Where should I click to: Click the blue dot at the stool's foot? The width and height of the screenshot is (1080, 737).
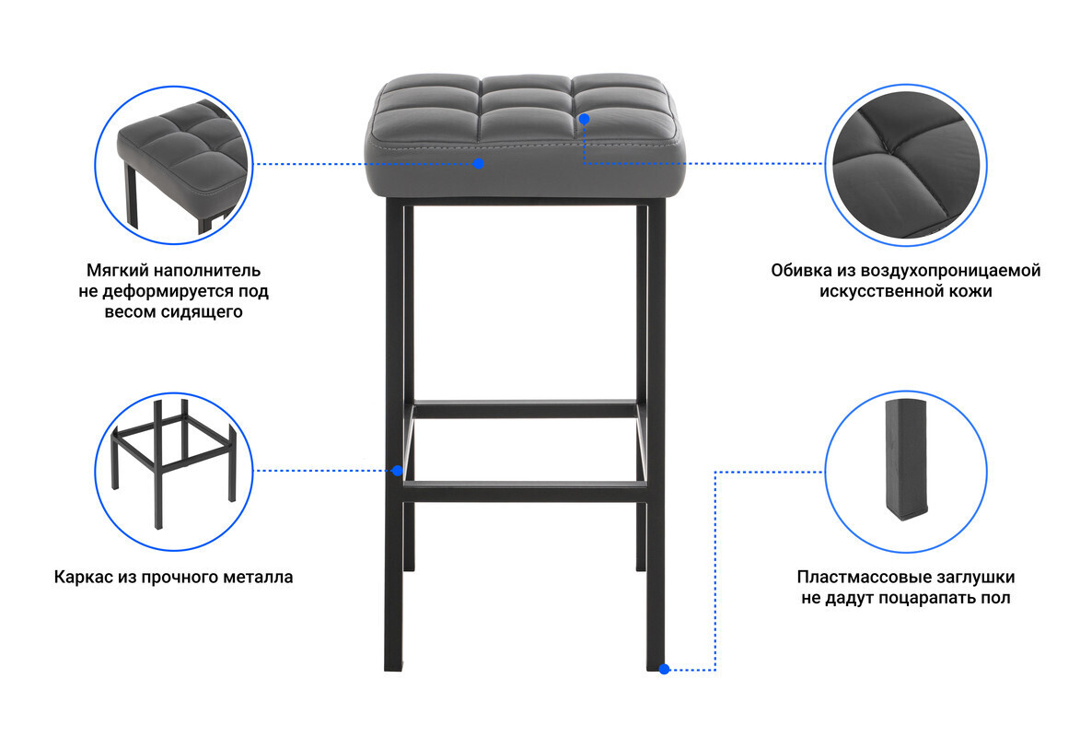664,669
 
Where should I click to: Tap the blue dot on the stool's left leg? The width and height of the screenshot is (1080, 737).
397,471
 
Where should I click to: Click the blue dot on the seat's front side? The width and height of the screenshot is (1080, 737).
479,163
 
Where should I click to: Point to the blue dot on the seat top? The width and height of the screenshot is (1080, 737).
584,119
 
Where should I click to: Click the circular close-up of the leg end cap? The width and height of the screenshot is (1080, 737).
906,472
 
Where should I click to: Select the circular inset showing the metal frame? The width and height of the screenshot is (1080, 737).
174,472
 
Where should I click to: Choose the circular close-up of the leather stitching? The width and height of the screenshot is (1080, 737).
906,165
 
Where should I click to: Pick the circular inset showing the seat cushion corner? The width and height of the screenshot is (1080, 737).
174,164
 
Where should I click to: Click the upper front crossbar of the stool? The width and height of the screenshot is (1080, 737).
525,410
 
